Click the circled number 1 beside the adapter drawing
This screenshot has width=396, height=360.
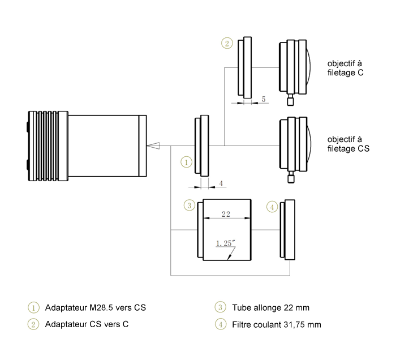coord(186,162)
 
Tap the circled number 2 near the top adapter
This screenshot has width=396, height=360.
coord(226,44)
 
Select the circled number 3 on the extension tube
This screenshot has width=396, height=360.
coord(190,205)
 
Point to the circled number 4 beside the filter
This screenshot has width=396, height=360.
coord(273,207)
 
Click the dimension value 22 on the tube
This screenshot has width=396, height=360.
coord(226,215)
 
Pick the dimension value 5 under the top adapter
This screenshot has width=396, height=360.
coord(263,99)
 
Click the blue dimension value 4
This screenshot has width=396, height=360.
coord(221,183)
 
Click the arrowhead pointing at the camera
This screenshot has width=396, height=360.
coord(153,146)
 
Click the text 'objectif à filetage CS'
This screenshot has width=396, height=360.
coord(344,145)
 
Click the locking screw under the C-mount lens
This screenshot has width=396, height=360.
coord(291,100)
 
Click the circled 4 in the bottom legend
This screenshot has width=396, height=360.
coord(219,325)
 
